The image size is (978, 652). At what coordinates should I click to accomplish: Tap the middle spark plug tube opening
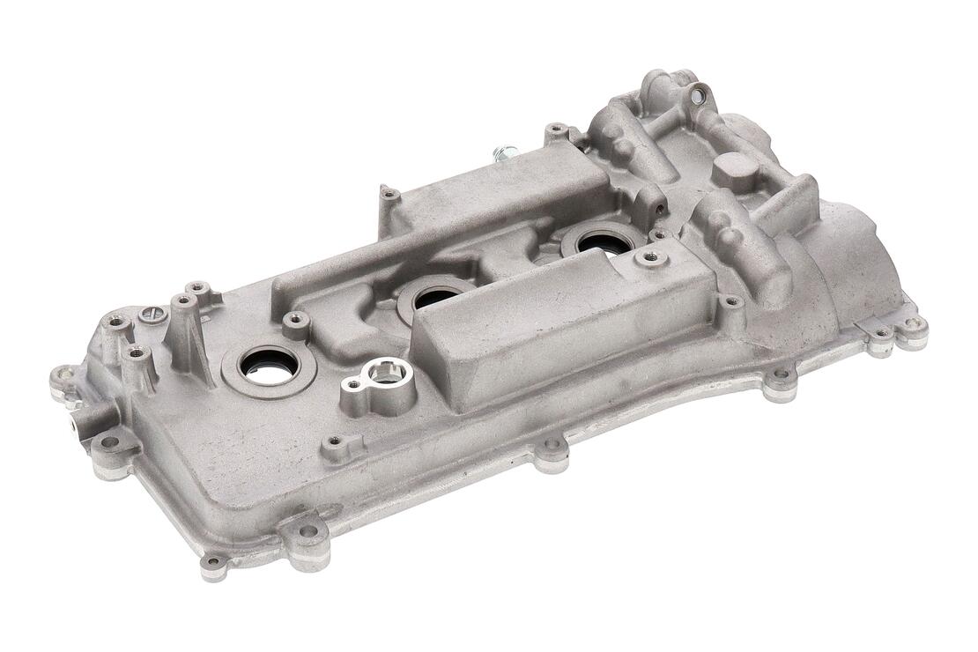point(433,297)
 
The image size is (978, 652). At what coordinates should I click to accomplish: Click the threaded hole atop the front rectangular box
point(651,257)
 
